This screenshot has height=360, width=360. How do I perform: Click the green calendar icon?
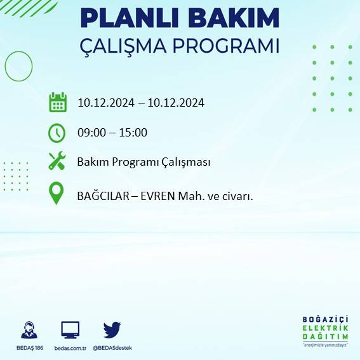click(58, 102)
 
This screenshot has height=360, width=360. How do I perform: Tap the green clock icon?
click(57, 133)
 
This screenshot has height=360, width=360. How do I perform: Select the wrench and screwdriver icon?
click(57, 162)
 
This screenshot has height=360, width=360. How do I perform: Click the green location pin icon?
click(57, 194)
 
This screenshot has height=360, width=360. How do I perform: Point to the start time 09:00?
click(91, 133)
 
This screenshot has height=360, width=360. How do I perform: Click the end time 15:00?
click(133, 133)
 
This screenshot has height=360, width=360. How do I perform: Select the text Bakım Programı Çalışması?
click(143, 163)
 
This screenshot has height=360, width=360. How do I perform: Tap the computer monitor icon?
click(70, 330)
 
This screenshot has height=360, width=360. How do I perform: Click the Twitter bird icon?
click(112, 330)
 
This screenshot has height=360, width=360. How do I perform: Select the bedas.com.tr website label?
click(70, 348)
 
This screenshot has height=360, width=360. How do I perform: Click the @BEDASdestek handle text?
click(112, 348)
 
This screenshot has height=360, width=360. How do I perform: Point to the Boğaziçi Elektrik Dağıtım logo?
click(326, 331)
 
